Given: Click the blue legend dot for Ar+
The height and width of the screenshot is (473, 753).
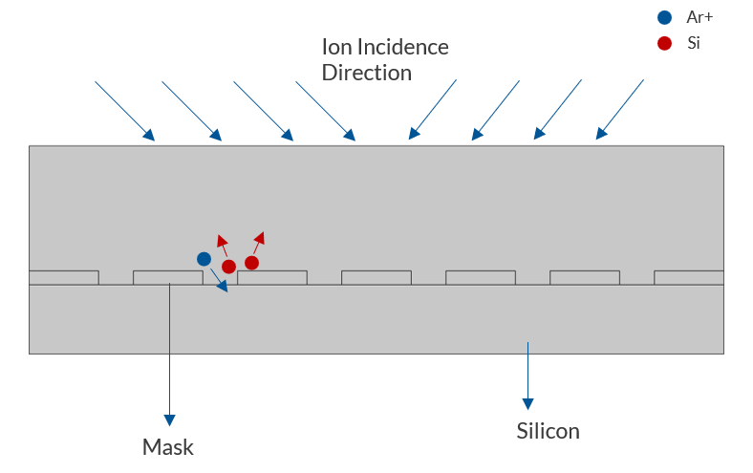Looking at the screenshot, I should tap(665, 17).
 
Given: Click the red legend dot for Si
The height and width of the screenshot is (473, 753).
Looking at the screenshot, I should tap(665, 43).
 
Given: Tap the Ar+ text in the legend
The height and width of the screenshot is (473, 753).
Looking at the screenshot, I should tap(700, 17).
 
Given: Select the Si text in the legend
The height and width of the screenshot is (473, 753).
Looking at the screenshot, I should tap(694, 43).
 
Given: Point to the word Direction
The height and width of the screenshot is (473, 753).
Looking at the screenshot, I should tap(366, 73).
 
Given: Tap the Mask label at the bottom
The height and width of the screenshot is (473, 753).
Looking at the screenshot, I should tap(167, 446).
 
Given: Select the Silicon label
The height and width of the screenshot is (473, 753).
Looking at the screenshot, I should tap(548, 431).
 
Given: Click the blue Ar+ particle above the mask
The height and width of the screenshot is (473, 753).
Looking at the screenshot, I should tap(204, 259).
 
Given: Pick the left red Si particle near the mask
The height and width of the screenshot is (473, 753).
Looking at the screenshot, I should tap(229, 267).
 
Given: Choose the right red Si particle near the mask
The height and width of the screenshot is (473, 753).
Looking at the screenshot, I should tap(251, 263).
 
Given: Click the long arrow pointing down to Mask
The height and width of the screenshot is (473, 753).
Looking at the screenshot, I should tap(169, 354).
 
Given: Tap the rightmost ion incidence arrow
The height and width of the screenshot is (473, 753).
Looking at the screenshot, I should tap(620, 109).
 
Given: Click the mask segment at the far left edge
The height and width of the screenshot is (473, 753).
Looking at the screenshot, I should tap(64, 277).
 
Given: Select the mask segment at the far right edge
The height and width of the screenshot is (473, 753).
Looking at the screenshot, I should tap(688, 277).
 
